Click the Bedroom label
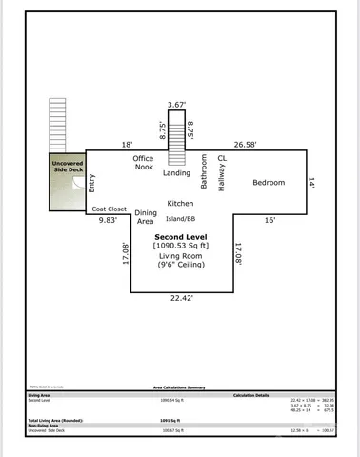pos(268,183)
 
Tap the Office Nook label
pos(143,164)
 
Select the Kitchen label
pos(180,204)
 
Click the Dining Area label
pos(145,217)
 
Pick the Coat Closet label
pos(109,209)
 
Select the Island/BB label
pos(181,220)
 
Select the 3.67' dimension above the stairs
pos(175,105)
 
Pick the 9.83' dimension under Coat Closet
pos(109,220)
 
